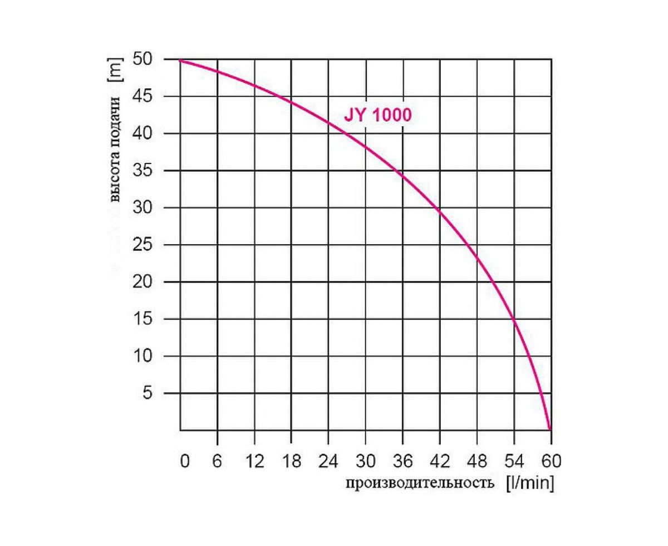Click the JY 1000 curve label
point(377,116)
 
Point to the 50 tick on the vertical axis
point(144,59)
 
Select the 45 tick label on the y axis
point(144,97)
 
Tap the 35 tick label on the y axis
point(144,171)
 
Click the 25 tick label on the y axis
point(144,245)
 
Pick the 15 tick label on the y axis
point(144,319)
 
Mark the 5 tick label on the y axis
point(148,393)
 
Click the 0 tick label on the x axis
point(185,461)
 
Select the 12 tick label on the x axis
point(255,461)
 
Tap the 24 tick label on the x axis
point(328,461)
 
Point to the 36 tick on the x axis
point(402,461)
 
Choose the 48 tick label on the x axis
point(477,461)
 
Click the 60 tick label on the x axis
point(551,461)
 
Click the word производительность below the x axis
point(420,483)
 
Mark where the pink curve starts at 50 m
point(181,60)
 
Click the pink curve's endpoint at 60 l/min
point(551,429)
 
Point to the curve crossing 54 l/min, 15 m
point(514,319)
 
